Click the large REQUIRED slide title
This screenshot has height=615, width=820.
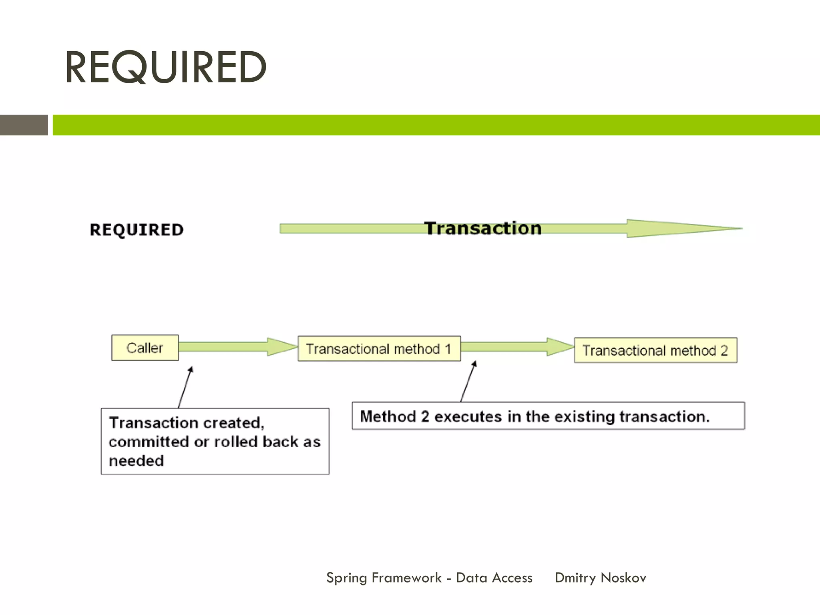[165, 67]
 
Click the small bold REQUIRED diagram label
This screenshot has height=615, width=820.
[137, 230]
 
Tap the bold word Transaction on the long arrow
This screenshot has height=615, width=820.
[483, 228]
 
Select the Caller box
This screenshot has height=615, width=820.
[145, 348]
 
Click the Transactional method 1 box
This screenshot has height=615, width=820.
[379, 349]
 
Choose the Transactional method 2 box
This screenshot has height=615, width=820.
[655, 350]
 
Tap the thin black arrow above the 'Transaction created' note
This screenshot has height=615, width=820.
[185, 387]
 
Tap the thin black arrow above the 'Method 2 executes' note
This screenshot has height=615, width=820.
[468, 381]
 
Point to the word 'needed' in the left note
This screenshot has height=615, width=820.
[136, 461]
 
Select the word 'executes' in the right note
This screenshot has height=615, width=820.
[468, 416]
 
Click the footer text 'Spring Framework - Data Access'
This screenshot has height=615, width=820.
[429, 578]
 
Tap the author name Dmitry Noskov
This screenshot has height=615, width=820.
[600, 578]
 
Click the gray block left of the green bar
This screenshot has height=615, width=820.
[24, 125]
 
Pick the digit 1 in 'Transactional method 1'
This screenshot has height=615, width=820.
[448, 349]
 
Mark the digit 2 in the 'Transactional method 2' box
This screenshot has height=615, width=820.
[724, 351]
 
